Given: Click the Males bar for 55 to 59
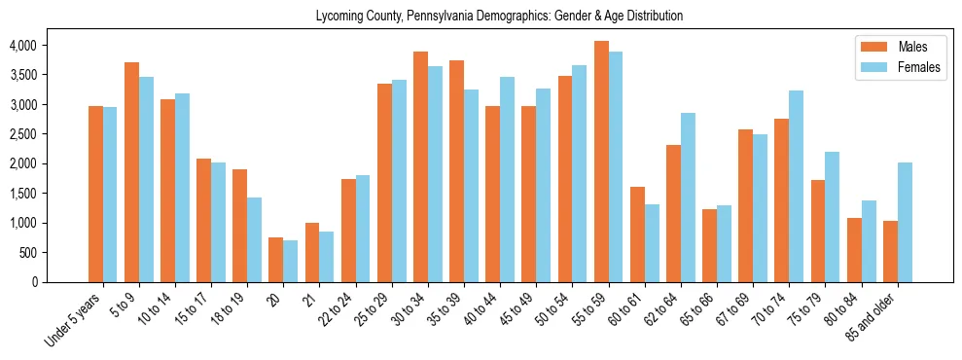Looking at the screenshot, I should point(601,162).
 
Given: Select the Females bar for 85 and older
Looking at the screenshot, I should point(905,222).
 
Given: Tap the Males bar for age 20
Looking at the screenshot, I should point(276,260).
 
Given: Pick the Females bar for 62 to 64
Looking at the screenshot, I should point(688,198).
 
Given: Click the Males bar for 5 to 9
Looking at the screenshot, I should point(131,172).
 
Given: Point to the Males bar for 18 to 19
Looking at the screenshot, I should point(240,226).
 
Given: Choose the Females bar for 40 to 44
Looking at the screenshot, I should point(507,179).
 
